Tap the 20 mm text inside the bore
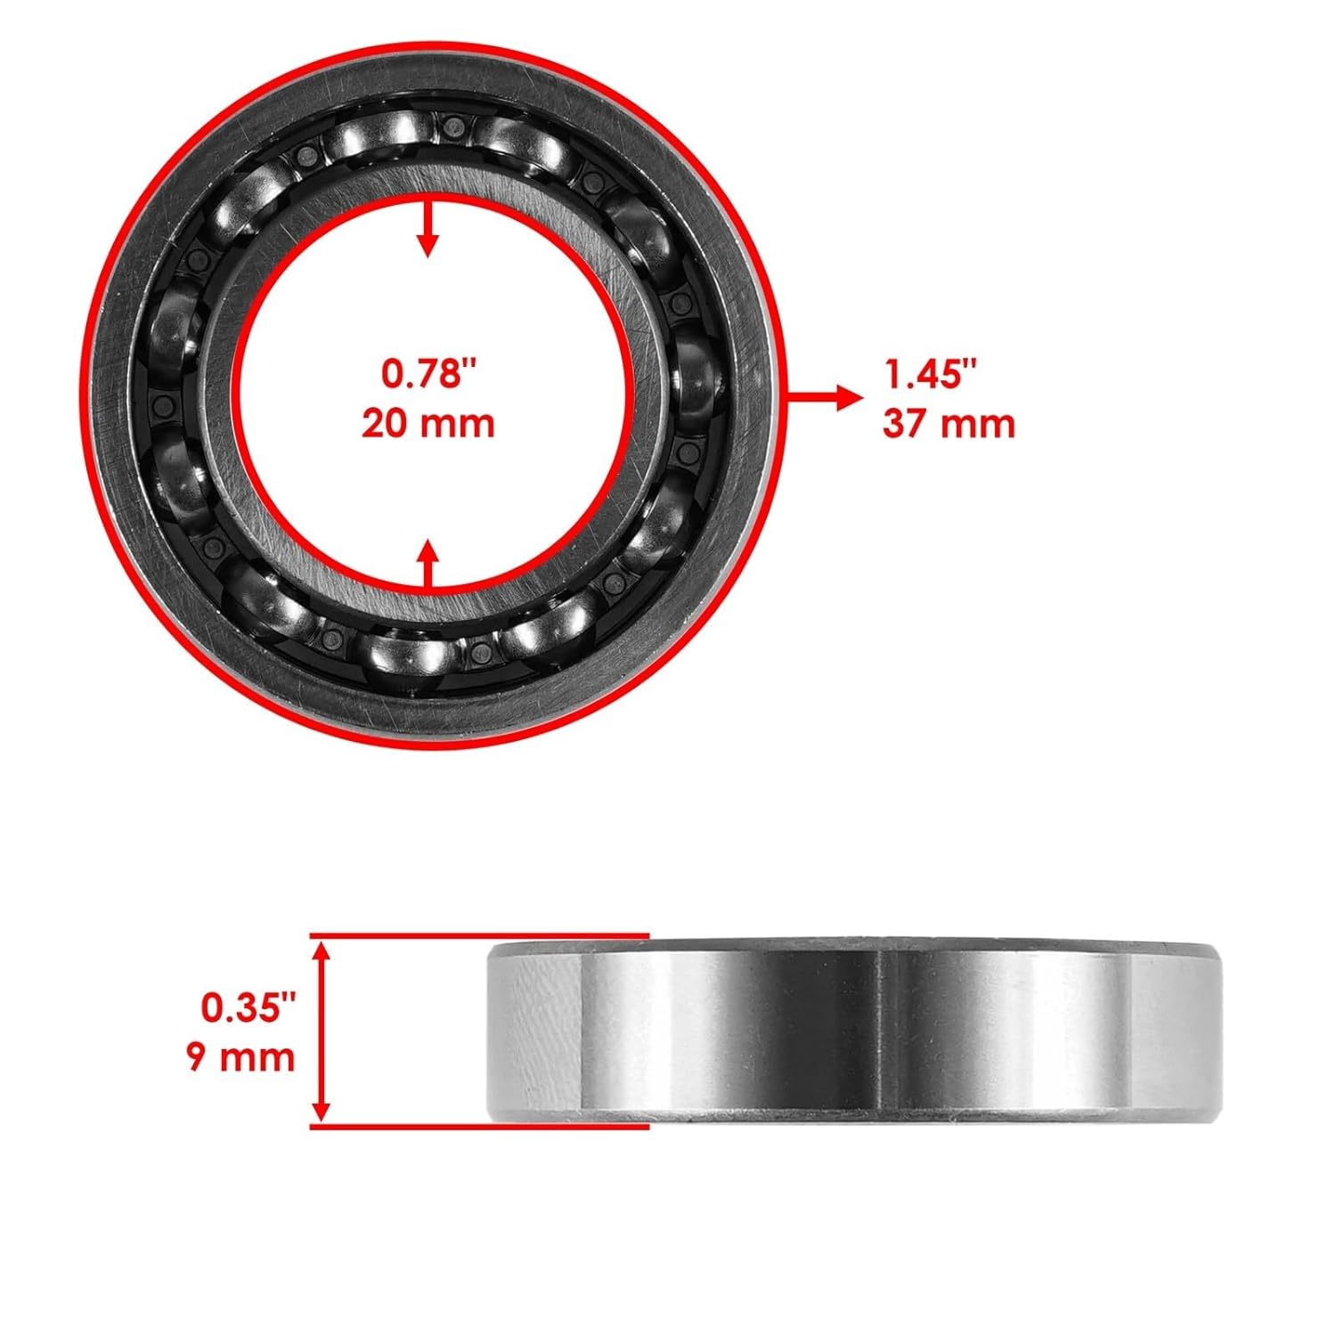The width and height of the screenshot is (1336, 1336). (x=428, y=422)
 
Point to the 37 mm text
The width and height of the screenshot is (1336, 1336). (x=949, y=423)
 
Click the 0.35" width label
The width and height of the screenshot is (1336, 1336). (x=247, y=1008)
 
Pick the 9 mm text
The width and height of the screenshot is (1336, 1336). (x=241, y=1057)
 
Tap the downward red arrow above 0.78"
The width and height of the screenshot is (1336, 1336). (x=429, y=229)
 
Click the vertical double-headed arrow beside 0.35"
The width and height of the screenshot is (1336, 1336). (x=323, y=1032)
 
